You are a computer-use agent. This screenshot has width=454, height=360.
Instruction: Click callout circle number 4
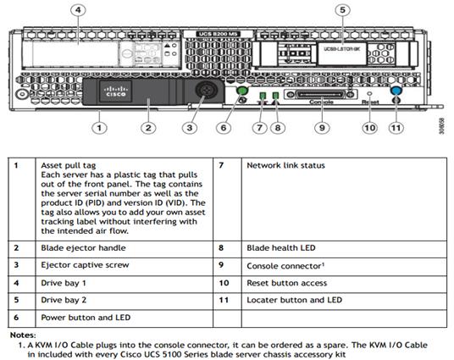click(77, 11)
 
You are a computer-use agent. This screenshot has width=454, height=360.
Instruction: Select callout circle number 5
click(343, 11)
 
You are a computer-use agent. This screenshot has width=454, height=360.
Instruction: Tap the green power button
click(241, 90)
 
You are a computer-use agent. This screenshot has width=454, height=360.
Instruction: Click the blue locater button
click(395, 89)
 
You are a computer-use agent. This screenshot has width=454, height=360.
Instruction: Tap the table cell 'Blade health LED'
click(280, 248)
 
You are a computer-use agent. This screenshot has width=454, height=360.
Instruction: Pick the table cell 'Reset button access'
click(285, 282)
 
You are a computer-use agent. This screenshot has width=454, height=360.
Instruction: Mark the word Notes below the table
click(23, 335)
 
